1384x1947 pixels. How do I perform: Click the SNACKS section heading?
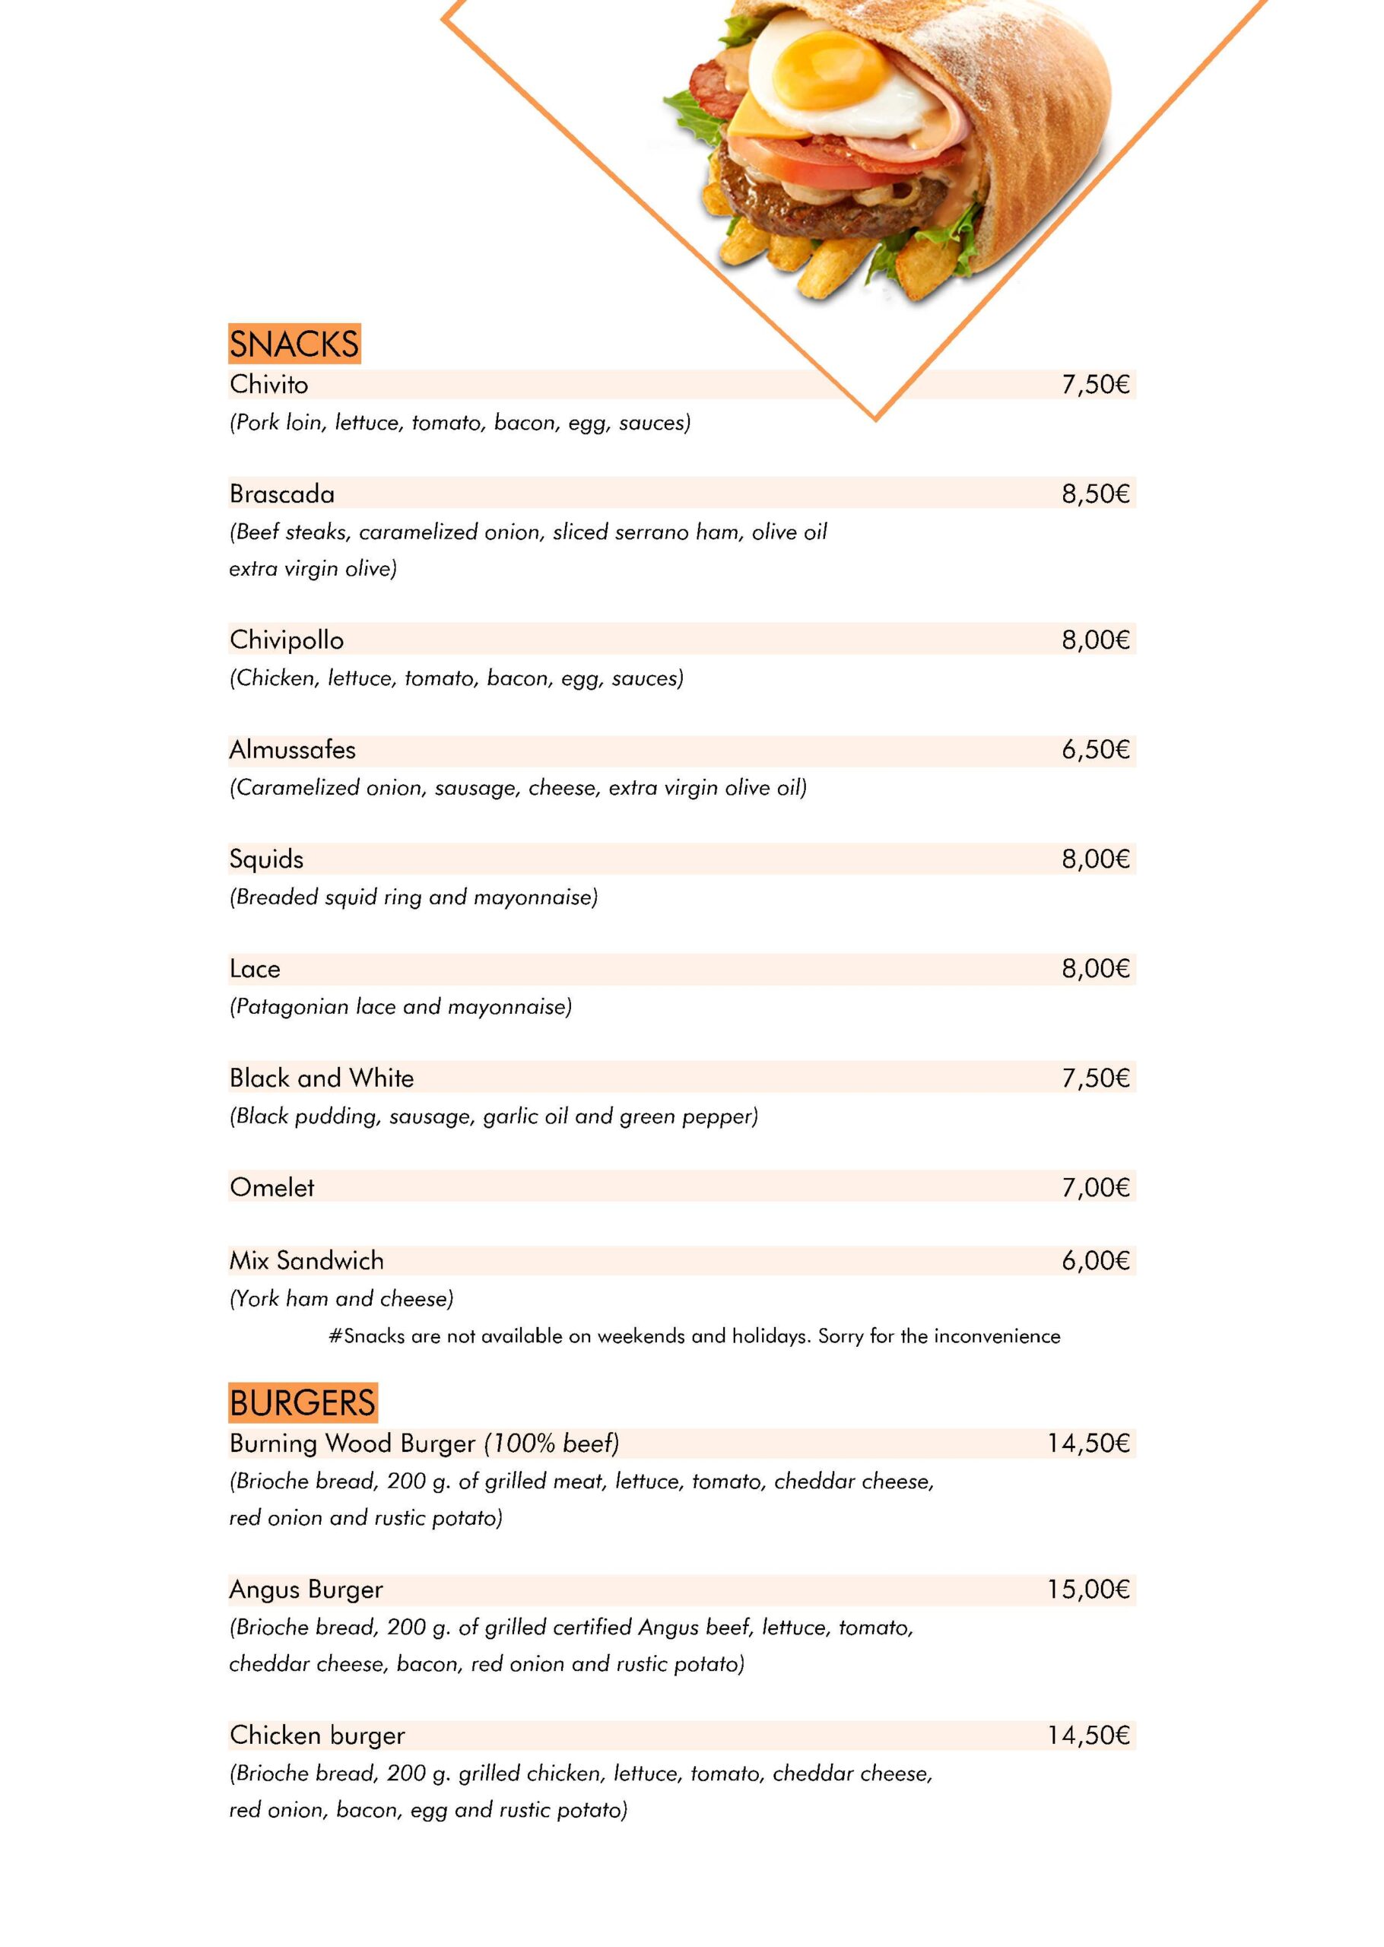click(294, 345)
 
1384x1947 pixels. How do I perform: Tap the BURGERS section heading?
click(303, 1402)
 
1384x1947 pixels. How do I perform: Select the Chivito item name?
click(268, 384)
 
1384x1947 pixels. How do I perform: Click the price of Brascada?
click(1095, 494)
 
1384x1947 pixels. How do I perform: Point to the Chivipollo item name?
click(287, 640)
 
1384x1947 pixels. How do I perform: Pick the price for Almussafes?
click(1095, 750)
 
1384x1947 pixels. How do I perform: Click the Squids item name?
click(266, 859)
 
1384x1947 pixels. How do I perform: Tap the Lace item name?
click(255, 969)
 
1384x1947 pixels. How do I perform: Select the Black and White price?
click(1095, 1078)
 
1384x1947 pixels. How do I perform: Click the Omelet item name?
click(272, 1187)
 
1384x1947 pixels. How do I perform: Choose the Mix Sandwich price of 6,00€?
click(1095, 1260)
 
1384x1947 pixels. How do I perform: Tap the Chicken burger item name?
click(317, 1735)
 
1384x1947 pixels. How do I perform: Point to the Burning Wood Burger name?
click(352, 1443)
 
